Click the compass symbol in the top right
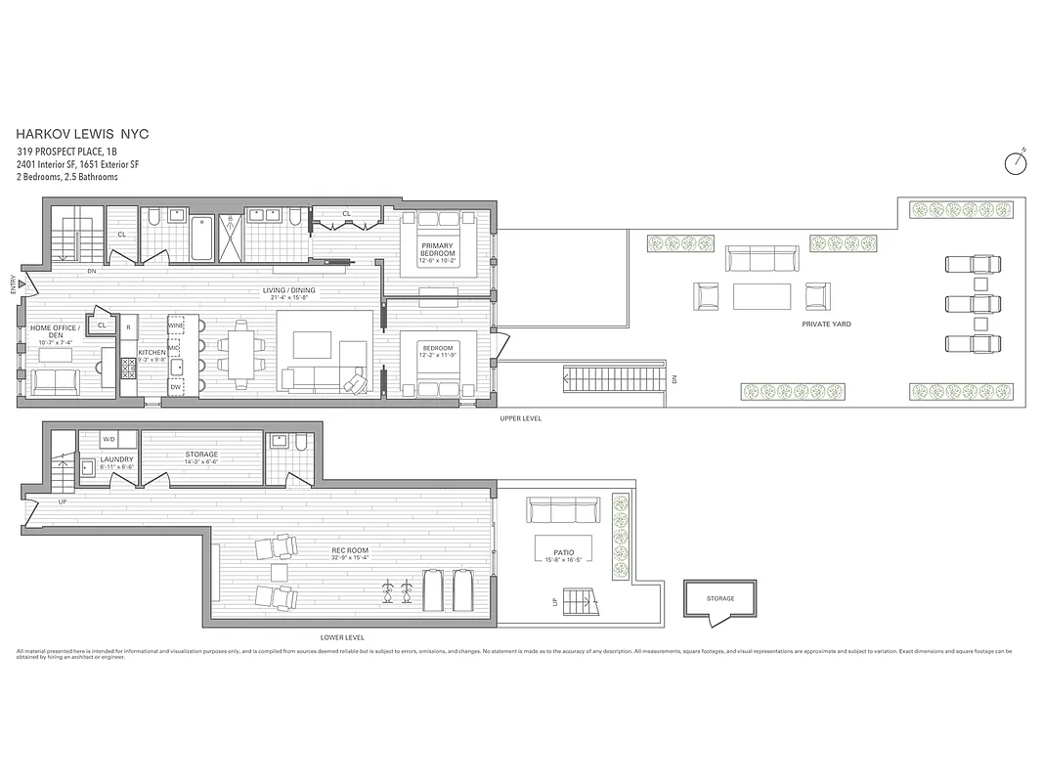click(x=1016, y=163)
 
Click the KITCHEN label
click(x=152, y=352)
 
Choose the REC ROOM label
click(x=349, y=551)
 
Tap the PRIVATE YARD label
click(x=823, y=323)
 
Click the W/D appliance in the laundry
click(x=108, y=440)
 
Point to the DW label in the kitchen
click(x=176, y=388)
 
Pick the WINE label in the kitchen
click(x=176, y=326)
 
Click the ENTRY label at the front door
click(x=13, y=284)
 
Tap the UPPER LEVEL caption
click(x=519, y=418)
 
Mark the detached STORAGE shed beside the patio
click(x=720, y=599)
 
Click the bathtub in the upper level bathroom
click(x=201, y=238)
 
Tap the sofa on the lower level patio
click(x=562, y=509)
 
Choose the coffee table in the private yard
click(x=762, y=296)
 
